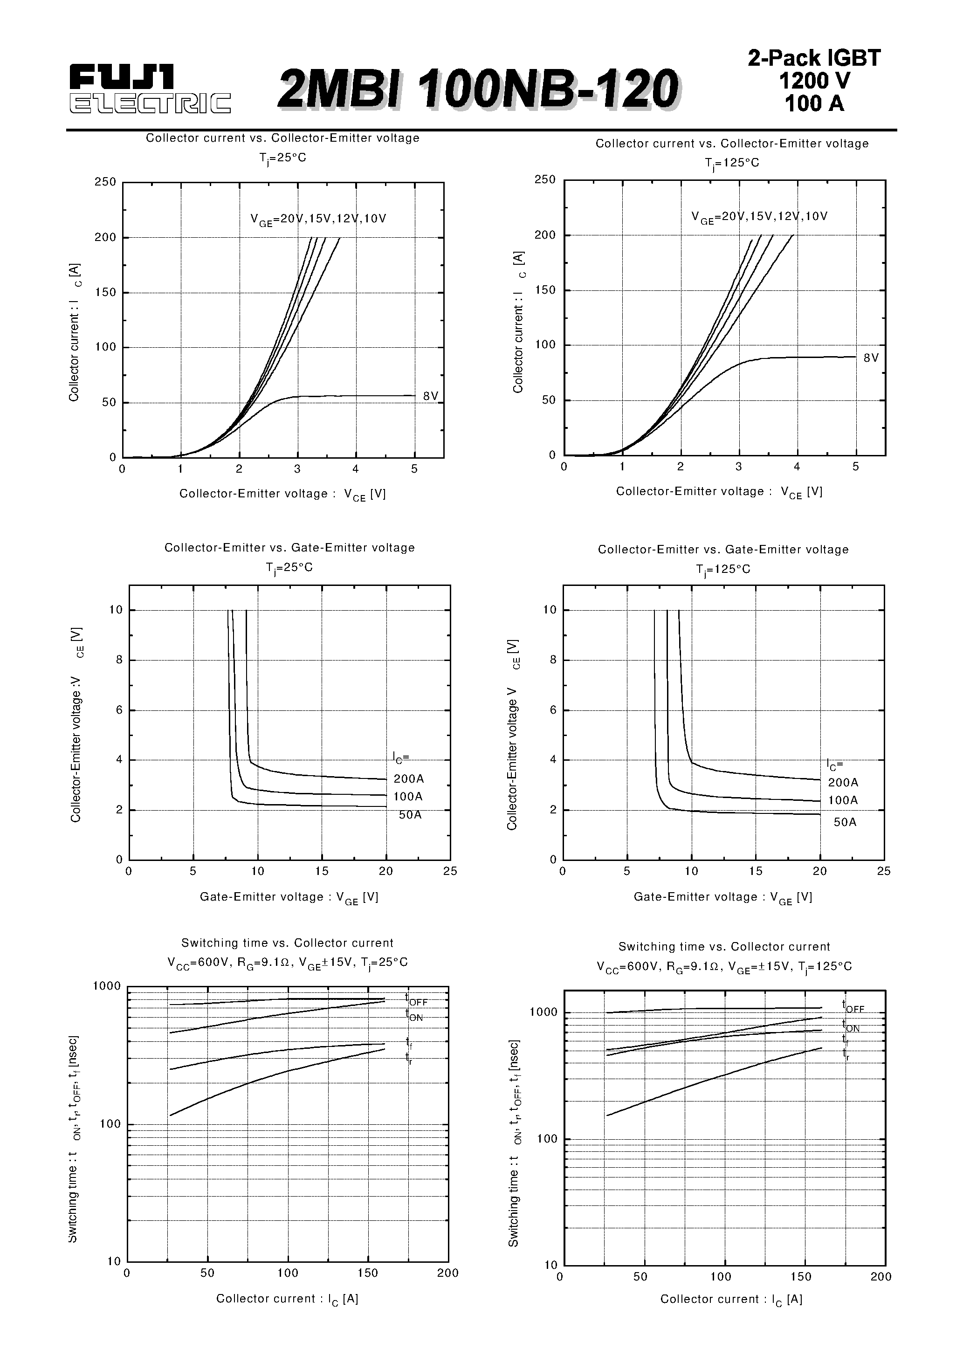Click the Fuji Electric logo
click(150, 89)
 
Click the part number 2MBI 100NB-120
click(478, 89)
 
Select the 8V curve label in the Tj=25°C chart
click(430, 396)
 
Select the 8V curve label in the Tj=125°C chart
click(870, 358)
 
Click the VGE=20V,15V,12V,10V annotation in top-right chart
click(759, 217)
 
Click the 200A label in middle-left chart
click(408, 779)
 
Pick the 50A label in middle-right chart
click(845, 822)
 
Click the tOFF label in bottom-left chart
click(416, 1000)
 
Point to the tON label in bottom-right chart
click(850, 1026)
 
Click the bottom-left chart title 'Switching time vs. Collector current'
click(287, 943)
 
